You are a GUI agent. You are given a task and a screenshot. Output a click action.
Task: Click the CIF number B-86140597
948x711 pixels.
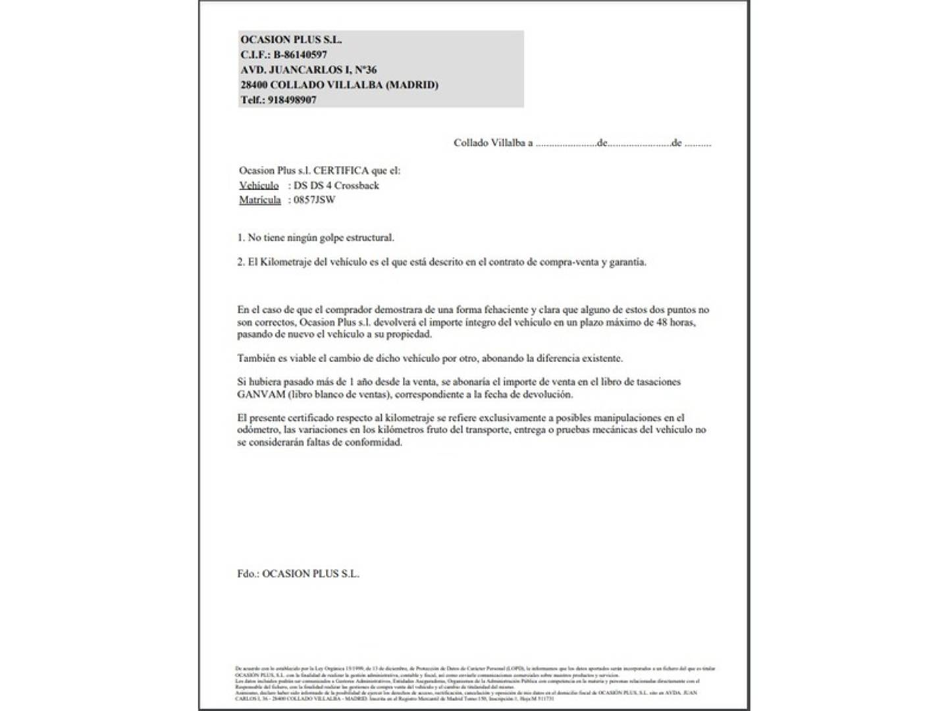coord(300,55)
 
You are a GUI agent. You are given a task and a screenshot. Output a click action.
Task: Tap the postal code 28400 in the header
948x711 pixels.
coord(253,85)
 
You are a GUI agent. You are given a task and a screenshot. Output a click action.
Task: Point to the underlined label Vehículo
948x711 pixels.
coord(259,186)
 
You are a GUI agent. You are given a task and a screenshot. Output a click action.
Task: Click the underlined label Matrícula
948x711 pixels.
coord(260,200)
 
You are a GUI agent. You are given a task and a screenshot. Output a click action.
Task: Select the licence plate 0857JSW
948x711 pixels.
coord(314,200)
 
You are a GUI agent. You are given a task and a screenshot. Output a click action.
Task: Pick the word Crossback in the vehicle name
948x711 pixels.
coord(357,186)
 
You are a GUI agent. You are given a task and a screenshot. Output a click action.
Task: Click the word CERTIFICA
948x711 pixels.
coord(340,171)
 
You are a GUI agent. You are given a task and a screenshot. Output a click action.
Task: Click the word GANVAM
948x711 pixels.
coord(261,394)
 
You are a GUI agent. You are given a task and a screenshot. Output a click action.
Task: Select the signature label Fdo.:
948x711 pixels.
coord(248,574)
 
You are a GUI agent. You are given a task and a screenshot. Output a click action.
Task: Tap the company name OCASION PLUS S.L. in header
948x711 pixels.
coord(291,39)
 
